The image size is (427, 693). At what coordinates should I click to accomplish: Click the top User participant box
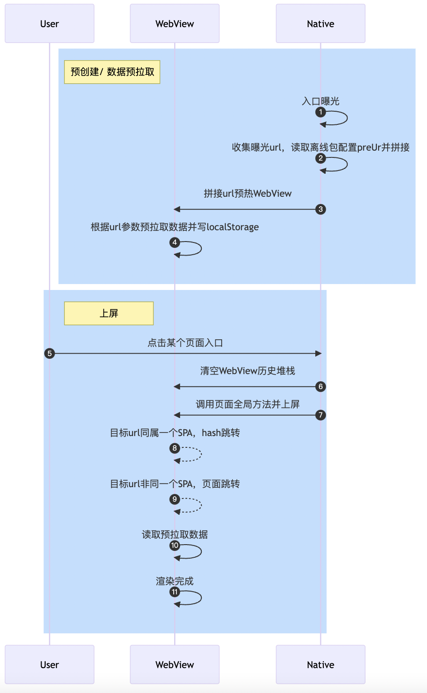click(50, 24)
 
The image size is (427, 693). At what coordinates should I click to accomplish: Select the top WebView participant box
click(175, 24)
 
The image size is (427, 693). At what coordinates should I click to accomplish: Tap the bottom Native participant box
click(320, 665)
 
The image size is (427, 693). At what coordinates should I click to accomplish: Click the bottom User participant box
click(50, 665)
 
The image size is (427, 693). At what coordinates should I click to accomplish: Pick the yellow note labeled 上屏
click(109, 313)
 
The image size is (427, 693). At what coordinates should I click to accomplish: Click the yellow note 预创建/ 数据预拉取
click(112, 72)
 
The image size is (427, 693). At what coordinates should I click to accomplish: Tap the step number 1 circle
click(321, 112)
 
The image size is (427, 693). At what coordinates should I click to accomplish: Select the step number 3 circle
click(321, 209)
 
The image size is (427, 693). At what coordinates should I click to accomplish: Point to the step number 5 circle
click(50, 353)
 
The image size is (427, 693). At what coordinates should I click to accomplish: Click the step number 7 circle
click(321, 415)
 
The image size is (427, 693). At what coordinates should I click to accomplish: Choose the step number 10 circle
click(175, 545)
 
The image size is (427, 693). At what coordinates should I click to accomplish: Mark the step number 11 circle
click(175, 592)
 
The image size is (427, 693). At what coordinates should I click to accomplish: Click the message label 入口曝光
click(321, 101)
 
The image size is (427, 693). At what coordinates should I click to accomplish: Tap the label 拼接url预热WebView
click(247, 194)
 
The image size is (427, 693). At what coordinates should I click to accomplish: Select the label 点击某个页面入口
click(185, 343)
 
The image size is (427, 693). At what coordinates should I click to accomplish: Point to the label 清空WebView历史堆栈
click(247, 371)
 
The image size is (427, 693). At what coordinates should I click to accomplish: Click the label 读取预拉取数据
click(175, 535)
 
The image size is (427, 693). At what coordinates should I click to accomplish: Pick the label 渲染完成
click(175, 581)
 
